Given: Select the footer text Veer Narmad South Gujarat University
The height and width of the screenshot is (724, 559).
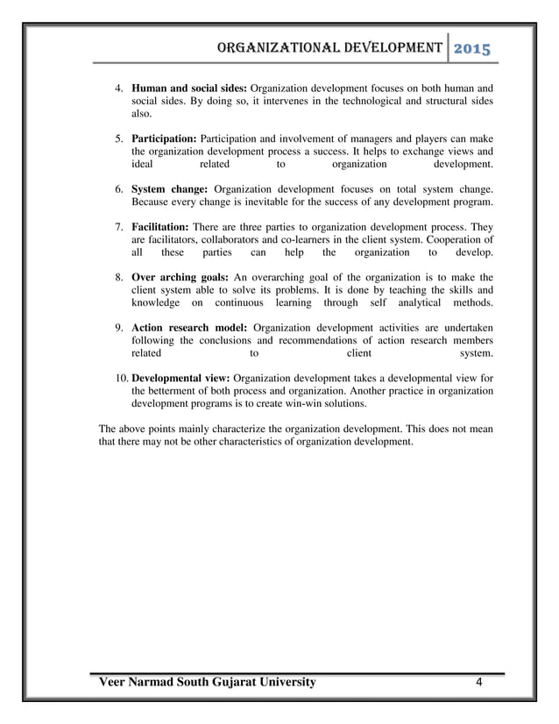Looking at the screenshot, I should click(208, 683).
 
